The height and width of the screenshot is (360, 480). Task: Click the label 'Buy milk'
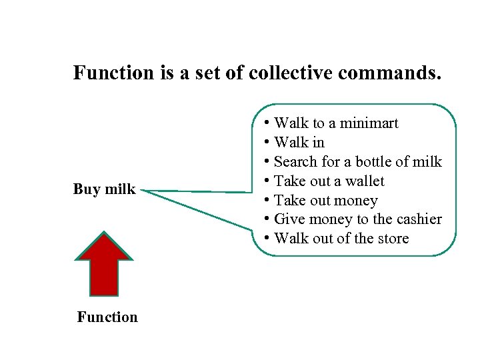(x=104, y=189)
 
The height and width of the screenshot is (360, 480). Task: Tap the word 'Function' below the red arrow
(x=107, y=317)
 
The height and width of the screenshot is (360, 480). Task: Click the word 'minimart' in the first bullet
(x=369, y=123)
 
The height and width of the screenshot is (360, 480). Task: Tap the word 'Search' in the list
(x=295, y=162)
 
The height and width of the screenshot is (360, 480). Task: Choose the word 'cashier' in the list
(x=418, y=219)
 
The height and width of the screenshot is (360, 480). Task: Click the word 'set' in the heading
(x=209, y=73)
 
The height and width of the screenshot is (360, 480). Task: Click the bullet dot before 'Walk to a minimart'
(x=267, y=123)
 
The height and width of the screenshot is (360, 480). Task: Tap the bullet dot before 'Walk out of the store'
(x=267, y=239)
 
